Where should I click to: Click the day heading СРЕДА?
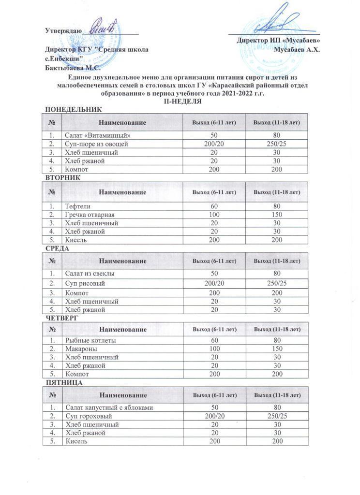57,248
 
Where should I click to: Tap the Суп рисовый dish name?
85,283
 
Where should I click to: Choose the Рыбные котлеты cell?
90,341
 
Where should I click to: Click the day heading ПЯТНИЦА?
63,382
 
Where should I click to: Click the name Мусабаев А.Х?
296,49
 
